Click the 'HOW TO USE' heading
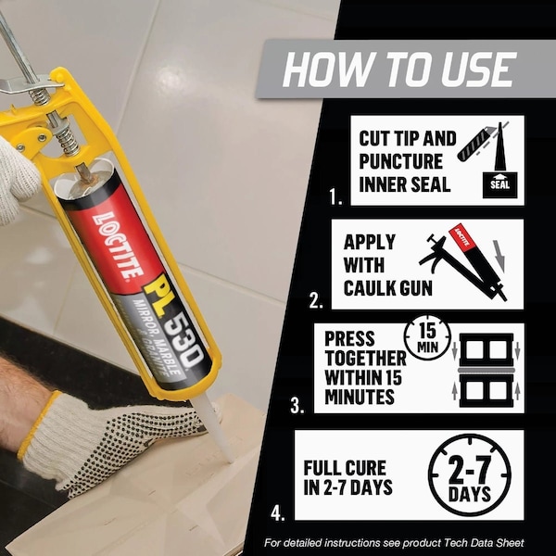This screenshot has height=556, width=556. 398,69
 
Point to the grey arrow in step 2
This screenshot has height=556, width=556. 499,253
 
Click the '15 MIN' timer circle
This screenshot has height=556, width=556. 427,337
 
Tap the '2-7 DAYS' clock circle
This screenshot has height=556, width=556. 470,474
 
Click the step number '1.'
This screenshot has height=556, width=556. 335,196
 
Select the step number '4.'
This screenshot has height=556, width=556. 278,512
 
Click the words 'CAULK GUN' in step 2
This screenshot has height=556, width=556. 388,288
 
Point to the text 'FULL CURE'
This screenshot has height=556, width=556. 345,468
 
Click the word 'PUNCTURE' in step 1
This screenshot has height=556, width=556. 400,161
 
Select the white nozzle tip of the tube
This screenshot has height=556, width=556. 216,430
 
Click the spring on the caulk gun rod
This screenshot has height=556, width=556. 67,137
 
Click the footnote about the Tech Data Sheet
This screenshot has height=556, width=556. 394,542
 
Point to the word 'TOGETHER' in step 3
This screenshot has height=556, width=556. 366,358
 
